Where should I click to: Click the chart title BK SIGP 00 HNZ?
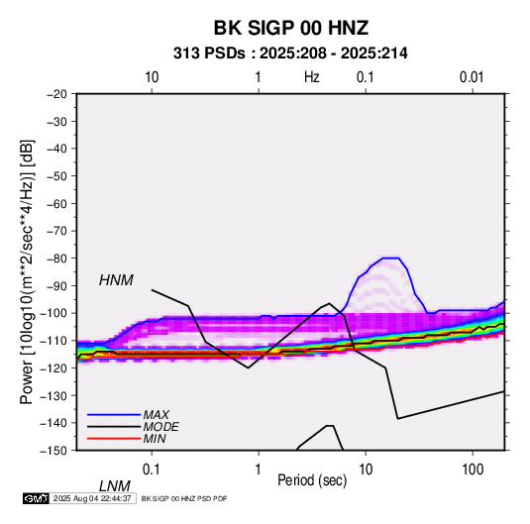click(x=290, y=28)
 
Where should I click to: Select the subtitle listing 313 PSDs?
click(x=290, y=53)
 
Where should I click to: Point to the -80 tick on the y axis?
click(x=56, y=259)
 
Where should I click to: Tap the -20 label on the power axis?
click(x=56, y=94)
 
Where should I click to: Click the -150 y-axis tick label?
click(x=53, y=451)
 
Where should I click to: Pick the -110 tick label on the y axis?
click(x=53, y=341)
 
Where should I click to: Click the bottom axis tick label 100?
click(x=473, y=470)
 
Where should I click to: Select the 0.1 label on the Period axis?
click(x=152, y=470)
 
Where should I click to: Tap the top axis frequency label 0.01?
click(x=472, y=77)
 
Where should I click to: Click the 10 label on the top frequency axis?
click(x=152, y=77)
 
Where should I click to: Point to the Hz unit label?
click(x=312, y=77)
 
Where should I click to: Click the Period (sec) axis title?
click(x=312, y=480)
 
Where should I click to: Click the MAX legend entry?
click(x=157, y=415)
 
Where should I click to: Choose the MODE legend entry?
click(x=160, y=427)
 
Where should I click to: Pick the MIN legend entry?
click(x=155, y=439)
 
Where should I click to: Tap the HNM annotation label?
click(x=116, y=280)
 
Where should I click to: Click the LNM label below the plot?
click(x=115, y=486)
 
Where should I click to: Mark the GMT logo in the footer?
click(x=36, y=498)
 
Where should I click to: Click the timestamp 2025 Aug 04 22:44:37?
click(x=92, y=498)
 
